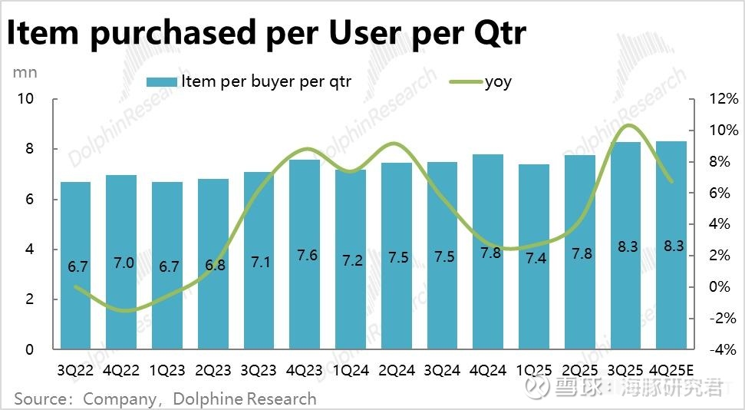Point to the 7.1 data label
click(260, 263)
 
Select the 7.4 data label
click(536, 258)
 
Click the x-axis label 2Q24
click(397, 370)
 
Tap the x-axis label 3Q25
click(625, 370)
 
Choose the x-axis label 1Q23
click(168, 370)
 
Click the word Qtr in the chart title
click(489, 34)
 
